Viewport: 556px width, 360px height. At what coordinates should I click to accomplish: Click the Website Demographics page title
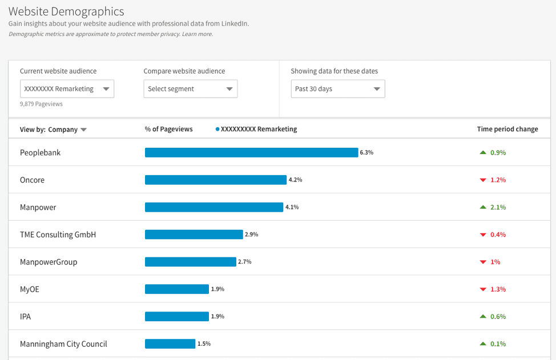coord(66,11)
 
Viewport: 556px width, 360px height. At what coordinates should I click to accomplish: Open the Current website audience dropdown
coord(67,89)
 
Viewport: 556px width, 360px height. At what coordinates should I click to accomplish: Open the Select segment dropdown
coord(190,89)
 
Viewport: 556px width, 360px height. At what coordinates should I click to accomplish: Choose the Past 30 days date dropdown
coord(337,89)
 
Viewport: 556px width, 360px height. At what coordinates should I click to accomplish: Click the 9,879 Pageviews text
coord(41,104)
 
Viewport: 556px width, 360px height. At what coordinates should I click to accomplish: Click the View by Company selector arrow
coord(84,130)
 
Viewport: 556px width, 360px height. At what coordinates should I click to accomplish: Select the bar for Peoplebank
coord(251,152)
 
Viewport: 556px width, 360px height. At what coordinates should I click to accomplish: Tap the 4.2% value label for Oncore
coord(295,180)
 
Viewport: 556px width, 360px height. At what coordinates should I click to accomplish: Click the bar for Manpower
coord(213,207)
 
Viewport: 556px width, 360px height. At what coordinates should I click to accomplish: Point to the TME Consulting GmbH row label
coord(58,234)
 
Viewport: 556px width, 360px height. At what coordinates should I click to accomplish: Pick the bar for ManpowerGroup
coord(190,262)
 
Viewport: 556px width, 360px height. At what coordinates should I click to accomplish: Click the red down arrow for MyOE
coord(483,289)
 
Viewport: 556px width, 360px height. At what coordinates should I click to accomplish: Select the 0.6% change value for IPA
coord(498,317)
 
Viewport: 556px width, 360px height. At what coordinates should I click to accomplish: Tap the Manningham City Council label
coord(63,344)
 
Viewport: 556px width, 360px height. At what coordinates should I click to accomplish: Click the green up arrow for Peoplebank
coord(483,152)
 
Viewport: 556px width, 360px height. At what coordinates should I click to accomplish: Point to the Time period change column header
coord(507,130)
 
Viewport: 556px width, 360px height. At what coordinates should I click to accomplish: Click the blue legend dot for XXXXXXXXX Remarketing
coord(217,130)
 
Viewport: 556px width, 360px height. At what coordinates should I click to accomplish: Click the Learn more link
coord(198,34)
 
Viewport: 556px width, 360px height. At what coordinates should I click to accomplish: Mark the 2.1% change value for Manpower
coord(498,207)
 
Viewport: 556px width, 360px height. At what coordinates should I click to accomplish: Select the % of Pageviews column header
coord(168,130)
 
